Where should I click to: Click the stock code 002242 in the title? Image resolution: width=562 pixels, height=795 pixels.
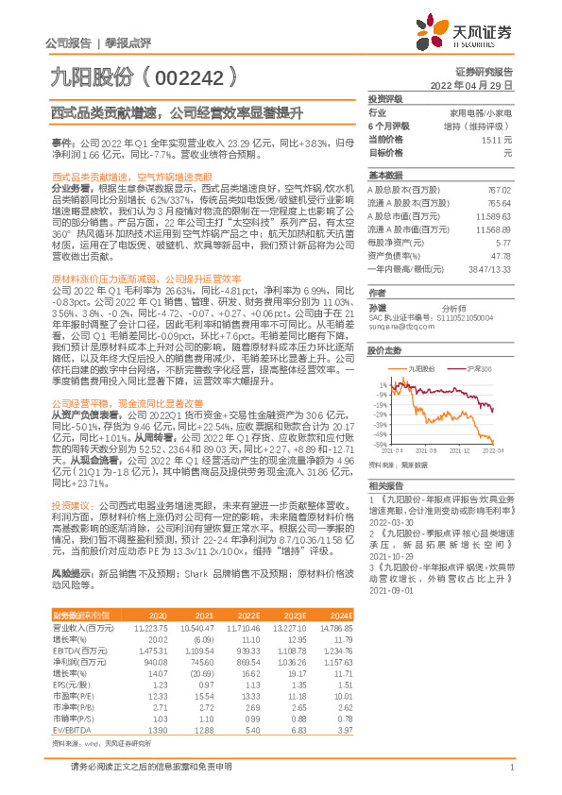[x=195, y=72]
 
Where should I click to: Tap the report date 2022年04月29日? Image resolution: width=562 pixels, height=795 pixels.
[x=471, y=85]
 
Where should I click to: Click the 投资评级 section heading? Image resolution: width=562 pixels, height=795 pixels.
[x=386, y=98]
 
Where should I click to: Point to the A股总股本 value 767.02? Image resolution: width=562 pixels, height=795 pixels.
[x=498, y=190]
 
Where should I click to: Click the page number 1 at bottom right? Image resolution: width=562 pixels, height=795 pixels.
[x=509, y=768]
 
